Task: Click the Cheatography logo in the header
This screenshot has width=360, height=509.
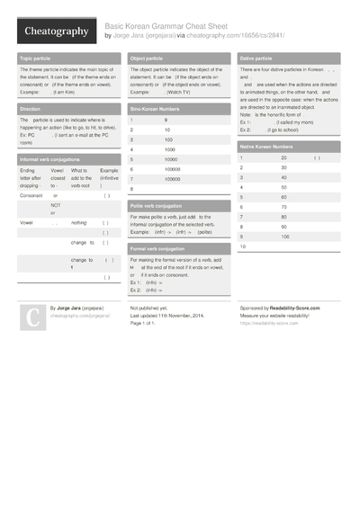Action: tap(56, 31)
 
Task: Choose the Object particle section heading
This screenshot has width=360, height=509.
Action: tap(150, 58)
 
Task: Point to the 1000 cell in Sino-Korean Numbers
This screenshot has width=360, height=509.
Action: tap(170, 149)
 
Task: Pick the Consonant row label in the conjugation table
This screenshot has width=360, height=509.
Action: tap(31, 195)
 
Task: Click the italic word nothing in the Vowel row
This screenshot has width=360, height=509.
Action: tap(79, 221)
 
